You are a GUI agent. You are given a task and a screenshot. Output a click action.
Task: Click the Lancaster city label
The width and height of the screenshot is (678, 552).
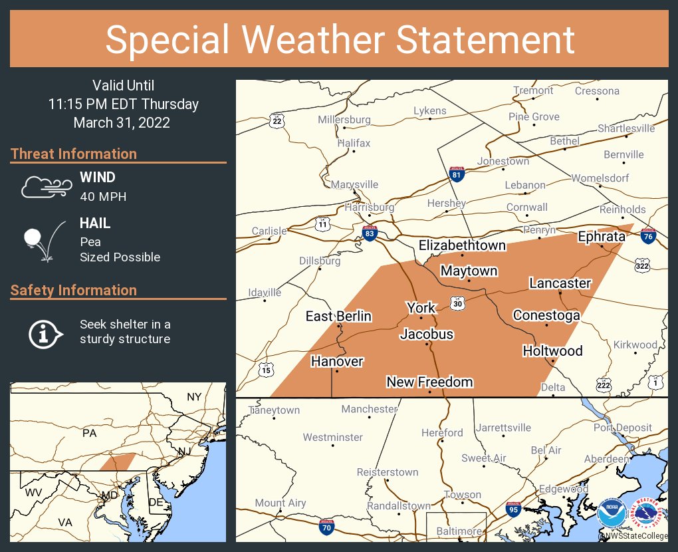pos(560,283)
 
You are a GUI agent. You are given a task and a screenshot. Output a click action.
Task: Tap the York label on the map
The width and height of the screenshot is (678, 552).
pos(421,307)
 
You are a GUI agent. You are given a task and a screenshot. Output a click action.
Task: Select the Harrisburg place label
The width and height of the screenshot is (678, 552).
pos(370,207)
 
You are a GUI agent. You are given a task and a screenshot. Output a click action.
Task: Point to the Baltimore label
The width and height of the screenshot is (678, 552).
pos(459,531)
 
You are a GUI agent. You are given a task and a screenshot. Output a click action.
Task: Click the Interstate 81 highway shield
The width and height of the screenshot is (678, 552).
pos(456,174)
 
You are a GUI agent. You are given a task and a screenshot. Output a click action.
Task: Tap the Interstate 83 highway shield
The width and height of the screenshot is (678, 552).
pos(370,233)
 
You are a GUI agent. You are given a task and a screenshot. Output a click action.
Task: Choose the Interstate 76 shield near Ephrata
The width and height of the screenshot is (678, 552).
pos(649,235)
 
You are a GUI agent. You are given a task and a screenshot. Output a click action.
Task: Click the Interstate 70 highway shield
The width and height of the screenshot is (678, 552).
pos(326,527)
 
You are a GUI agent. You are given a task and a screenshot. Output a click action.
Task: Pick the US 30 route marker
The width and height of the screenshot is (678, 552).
pos(457,302)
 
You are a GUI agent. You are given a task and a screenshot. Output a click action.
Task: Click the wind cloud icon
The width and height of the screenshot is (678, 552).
pos(45,187)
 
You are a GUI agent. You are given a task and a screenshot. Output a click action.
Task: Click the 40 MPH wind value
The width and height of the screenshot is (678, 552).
pos(103,197)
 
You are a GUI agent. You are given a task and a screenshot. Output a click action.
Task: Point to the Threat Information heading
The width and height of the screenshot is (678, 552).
pos(74,154)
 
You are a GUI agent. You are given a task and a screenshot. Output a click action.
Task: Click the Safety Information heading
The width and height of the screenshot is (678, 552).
pos(74,290)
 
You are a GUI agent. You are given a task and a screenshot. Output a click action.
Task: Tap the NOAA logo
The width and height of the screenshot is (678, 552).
pos(611,514)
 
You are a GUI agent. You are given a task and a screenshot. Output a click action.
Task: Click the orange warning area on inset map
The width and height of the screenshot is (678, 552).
pos(118,462)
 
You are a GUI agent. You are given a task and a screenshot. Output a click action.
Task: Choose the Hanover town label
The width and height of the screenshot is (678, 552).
pos(337,361)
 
